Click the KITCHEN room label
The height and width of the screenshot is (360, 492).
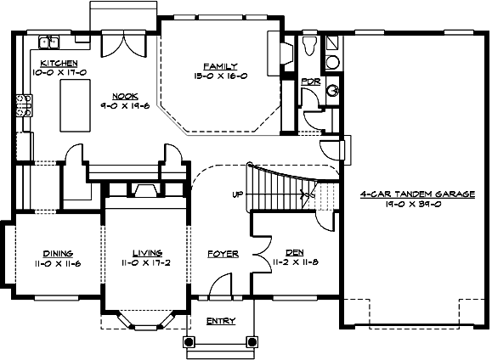click(59, 64)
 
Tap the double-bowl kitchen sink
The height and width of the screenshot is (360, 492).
click(48, 41)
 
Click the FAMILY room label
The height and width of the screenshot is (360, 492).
click(219, 65)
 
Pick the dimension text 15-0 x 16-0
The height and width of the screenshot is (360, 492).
click(219, 76)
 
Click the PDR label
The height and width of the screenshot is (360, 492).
click(311, 81)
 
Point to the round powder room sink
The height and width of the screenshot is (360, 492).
click(333, 90)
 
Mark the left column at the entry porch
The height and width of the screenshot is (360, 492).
click(189, 341)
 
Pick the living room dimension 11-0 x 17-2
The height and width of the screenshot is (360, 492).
click(147, 263)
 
